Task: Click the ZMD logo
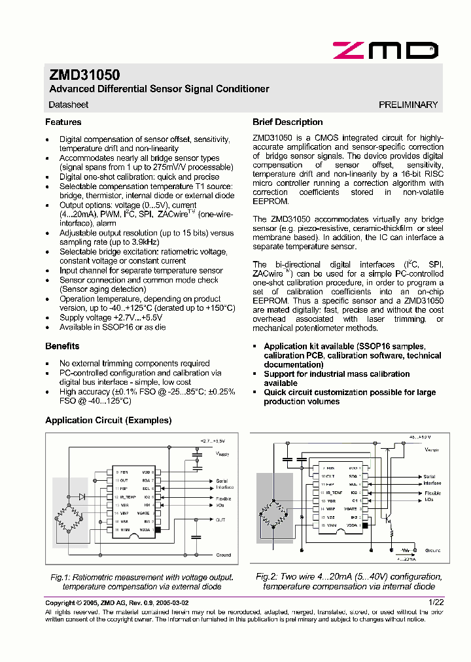[385, 50]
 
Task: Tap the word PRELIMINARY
[408, 105]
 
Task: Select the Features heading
[63, 122]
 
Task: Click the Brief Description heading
[287, 122]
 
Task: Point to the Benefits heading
[62, 346]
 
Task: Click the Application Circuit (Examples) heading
[108, 421]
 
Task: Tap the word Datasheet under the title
[69, 105]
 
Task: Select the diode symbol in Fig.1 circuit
[82, 497]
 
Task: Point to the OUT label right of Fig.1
[220, 520]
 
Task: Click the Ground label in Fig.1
[223, 555]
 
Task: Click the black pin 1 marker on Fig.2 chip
[364, 525]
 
